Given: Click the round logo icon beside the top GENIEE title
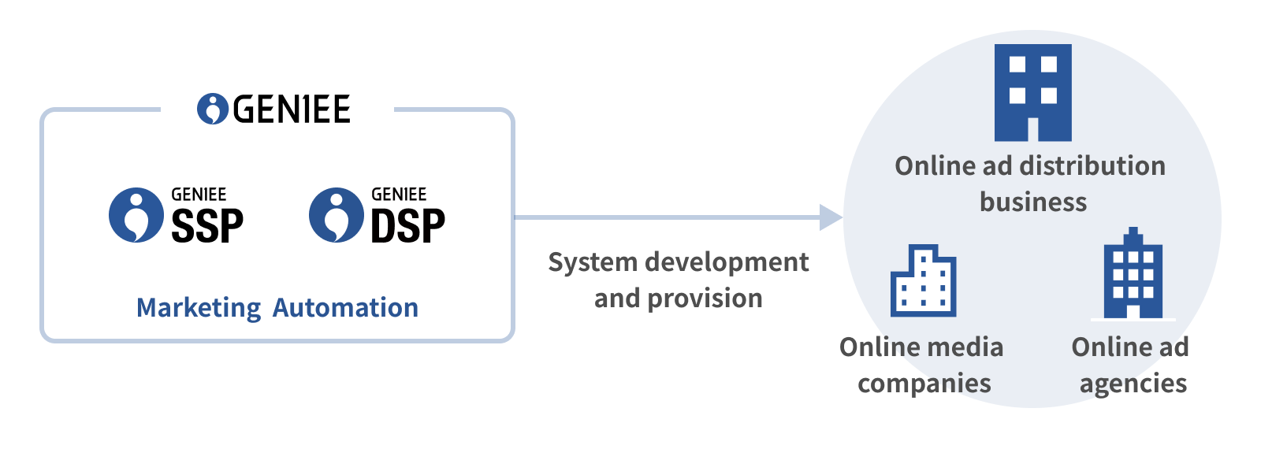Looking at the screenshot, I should (x=212, y=109).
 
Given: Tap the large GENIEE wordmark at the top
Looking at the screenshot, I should (x=292, y=109).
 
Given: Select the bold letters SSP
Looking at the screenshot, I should (x=207, y=227).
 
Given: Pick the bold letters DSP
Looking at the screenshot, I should (x=407, y=227).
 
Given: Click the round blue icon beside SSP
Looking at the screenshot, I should (x=136, y=215).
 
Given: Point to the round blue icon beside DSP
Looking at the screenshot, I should (x=337, y=215).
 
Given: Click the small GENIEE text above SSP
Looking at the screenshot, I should (x=199, y=194).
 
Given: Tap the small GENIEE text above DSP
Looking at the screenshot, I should (x=399, y=194).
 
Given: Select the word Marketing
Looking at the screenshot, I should (x=199, y=308).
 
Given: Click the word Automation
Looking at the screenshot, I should (x=345, y=307).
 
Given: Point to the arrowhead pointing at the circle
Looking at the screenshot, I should (x=831, y=217).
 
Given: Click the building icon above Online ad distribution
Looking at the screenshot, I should (x=1032, y=92).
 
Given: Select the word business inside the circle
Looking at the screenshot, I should (x=1033, y=202).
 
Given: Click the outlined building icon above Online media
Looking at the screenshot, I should (x=923, y=281).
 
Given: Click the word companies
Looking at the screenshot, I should (x=924, y=384).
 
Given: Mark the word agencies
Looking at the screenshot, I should (x=1133, y=384).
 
